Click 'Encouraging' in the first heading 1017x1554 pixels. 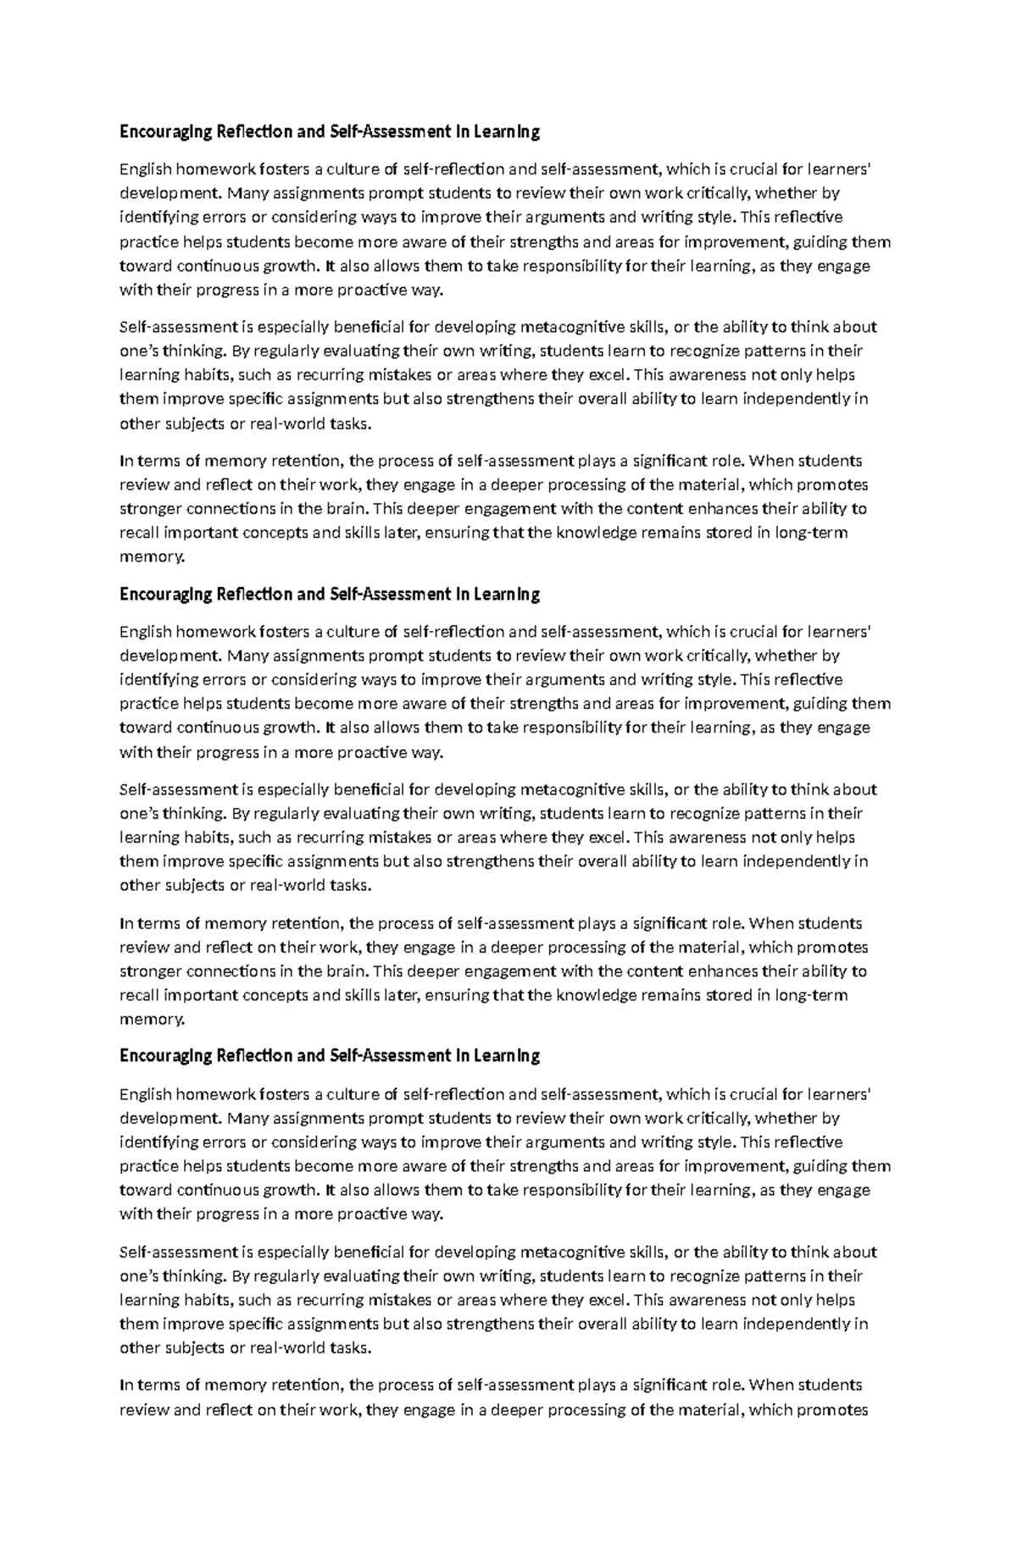tap(166, 132)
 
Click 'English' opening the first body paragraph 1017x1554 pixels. tap(145, 169)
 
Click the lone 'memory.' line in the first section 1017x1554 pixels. tap(152, 556)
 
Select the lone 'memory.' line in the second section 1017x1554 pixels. tap(152, 1019)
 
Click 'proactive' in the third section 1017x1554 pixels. tap(370, 1214)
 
